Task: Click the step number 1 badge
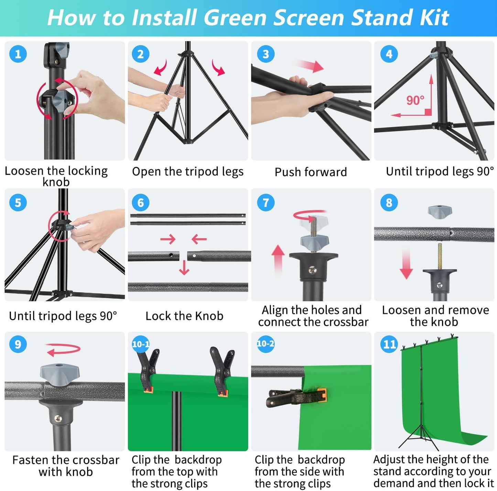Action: click(x=18, y=54)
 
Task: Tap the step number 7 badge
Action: click(x=266, y=202)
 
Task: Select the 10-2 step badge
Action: click(x=266, y=344)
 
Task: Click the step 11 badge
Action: click(x=389, y=344)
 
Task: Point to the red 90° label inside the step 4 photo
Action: click(x=415, y=100)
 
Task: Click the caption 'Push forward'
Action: click(x=311, y=172)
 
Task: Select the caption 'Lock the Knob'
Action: click(x=184, y=316)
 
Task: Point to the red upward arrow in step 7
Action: click(x=278, y=259)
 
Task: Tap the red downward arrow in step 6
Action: click(x=184, y=268)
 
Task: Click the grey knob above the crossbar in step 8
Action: click(x=440, y=212)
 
